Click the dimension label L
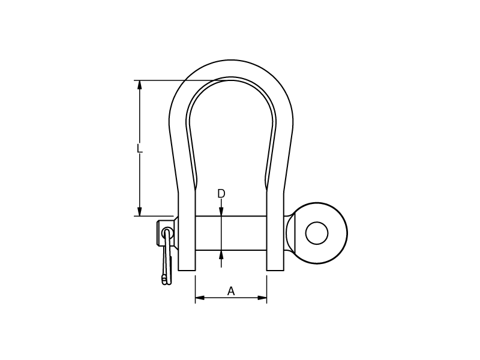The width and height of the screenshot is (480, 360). [x=139, y=148]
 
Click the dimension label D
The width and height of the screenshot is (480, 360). [x=221, y=194]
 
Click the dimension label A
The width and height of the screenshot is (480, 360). [x=231, y=292]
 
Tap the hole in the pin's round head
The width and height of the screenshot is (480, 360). [x=317, y=233]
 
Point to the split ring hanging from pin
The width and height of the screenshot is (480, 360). [x=167, y=264]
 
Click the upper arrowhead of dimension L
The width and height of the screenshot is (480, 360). [x=139, y=85]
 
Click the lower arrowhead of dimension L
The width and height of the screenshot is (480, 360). [x=139, y=212]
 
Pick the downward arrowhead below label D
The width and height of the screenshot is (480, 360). [x=221, y=212]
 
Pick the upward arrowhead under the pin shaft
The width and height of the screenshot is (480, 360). [x=221, y=254]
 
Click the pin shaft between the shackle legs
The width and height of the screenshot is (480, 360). [x=240, y=233]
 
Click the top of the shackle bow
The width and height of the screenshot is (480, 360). [x=231, y=68]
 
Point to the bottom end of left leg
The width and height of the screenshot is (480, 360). [x=187, y=268]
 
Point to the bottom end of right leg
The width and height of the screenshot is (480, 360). [x=275, y=268]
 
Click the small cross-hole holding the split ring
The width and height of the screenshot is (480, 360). [x=167, y=233]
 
